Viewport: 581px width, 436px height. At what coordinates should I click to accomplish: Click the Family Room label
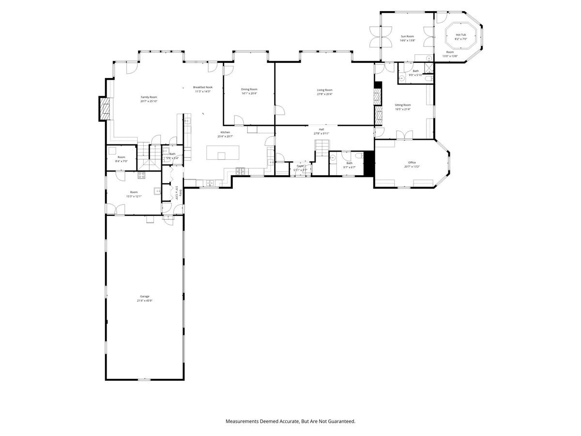click(x=149, y=97)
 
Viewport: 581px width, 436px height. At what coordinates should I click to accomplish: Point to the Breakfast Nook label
click(x=202, y=87)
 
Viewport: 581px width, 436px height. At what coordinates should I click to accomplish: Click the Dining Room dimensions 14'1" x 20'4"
click(x=249, y=93)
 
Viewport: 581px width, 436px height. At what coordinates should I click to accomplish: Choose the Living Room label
click(x=324, y=90)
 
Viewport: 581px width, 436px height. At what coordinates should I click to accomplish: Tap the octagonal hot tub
click(x=460, y=37)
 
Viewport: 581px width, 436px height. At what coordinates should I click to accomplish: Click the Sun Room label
click(x=407, y=36)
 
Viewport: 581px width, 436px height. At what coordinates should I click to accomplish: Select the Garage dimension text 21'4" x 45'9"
click(x=144, y=301)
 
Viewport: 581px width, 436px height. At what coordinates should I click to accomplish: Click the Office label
click(x=412, y=162)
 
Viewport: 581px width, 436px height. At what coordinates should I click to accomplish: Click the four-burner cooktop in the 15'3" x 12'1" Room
click(x=142, y=175)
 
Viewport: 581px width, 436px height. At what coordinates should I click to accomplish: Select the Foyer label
click(x=300, y=166)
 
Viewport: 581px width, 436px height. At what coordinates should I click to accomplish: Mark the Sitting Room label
click(x=402, y=105)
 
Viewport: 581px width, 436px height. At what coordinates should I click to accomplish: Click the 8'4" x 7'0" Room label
click(x=121, y=157)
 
